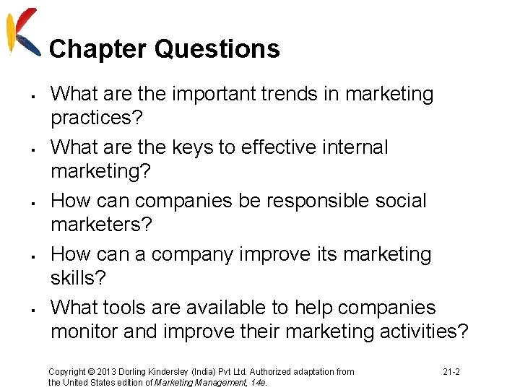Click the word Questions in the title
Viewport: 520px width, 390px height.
tap(217, 49)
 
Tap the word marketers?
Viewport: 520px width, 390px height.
tap(101, 225)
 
